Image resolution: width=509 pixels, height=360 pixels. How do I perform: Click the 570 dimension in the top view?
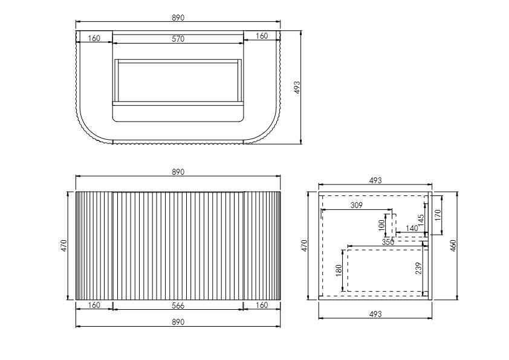click(178, 39)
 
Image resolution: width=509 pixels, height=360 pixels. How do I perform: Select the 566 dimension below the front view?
click(178, 305)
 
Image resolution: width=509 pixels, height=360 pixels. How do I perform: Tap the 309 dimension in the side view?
click(356, 205)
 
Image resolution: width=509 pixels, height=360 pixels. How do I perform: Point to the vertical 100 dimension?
click(382, 224)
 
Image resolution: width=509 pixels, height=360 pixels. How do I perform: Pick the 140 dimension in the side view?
click(412, 228)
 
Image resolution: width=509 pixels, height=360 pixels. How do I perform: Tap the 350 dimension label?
click(388, 241)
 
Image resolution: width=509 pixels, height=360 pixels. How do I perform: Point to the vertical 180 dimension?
click(339, 269)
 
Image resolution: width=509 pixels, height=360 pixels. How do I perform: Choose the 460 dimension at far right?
click(453, 245)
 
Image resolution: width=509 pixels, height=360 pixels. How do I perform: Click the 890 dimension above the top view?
click(178, 18)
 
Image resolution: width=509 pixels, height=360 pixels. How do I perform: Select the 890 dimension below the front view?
click(178, 322)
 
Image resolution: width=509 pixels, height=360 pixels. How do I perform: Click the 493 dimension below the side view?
click(375, 314)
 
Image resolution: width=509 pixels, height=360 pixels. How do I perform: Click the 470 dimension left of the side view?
click(305, 245)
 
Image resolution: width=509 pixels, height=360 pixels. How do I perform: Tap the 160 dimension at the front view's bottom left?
click(94, 305)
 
